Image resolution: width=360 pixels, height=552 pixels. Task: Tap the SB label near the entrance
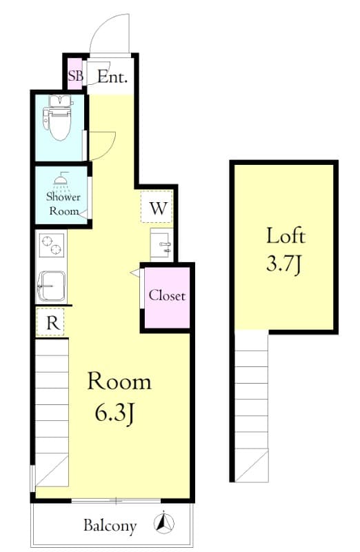(x=74, y=77)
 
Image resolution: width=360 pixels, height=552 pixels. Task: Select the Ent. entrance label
(x=112, y=77)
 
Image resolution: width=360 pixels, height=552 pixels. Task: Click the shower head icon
(x=63, y=181)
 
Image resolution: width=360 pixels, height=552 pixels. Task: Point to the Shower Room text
(x=63, y=204)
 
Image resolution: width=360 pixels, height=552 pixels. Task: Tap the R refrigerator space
(x=52, y=322)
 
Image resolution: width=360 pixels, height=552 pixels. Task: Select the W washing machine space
(x=158, y=208)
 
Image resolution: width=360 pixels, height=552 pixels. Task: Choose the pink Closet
(x=166, y=296)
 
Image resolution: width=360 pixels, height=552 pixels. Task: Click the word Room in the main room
(x=119, y=381)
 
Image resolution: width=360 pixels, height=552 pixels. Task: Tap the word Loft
(x=285, y=236)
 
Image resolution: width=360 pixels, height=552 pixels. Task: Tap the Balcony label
(x=110, y=526)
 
